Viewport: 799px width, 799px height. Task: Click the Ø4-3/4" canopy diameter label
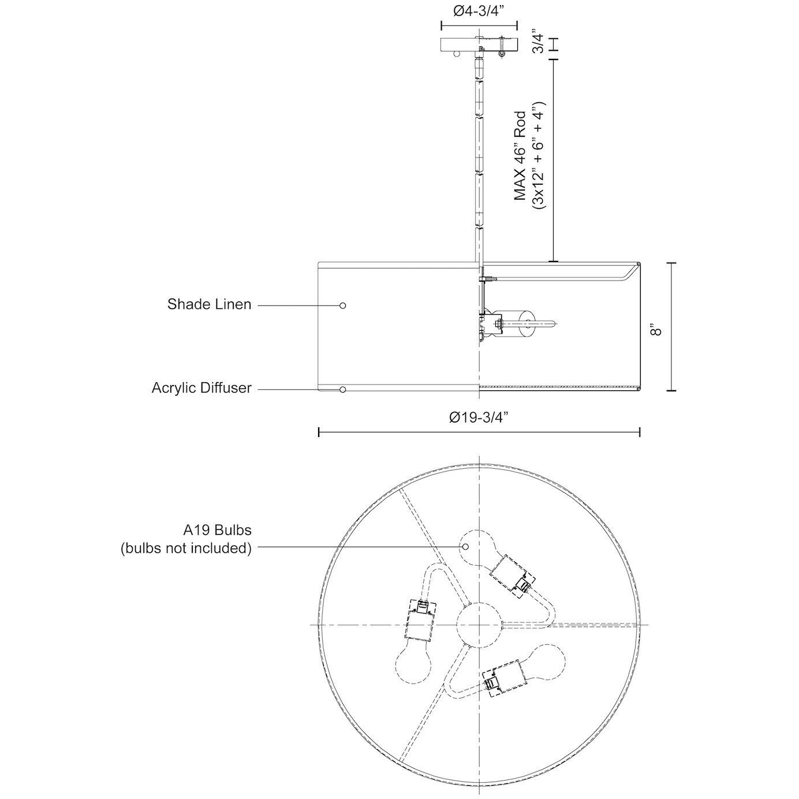coord(478,12)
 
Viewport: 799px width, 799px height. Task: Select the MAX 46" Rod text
coord(521,156)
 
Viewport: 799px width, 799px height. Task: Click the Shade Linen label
coord(209,304)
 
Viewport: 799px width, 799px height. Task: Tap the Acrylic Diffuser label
coord(201,387)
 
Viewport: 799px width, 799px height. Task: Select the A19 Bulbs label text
coord(217,530)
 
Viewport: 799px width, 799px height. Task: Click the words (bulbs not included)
coord(186,548)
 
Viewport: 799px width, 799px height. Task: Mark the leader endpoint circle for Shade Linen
coord(343,305)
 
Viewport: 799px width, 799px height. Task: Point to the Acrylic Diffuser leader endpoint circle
coord(343,390)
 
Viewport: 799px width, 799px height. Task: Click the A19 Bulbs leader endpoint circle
coord(465,546)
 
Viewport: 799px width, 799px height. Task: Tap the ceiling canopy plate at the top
coord(479,44)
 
